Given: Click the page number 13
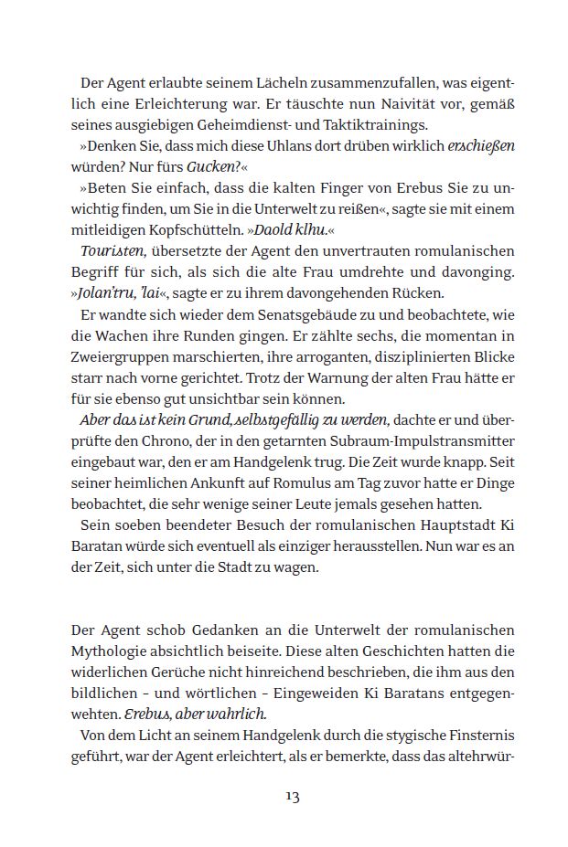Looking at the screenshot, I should click(292, 797).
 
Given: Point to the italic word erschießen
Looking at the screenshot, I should click(481, 145).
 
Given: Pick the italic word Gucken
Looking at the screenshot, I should click(211, 166).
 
